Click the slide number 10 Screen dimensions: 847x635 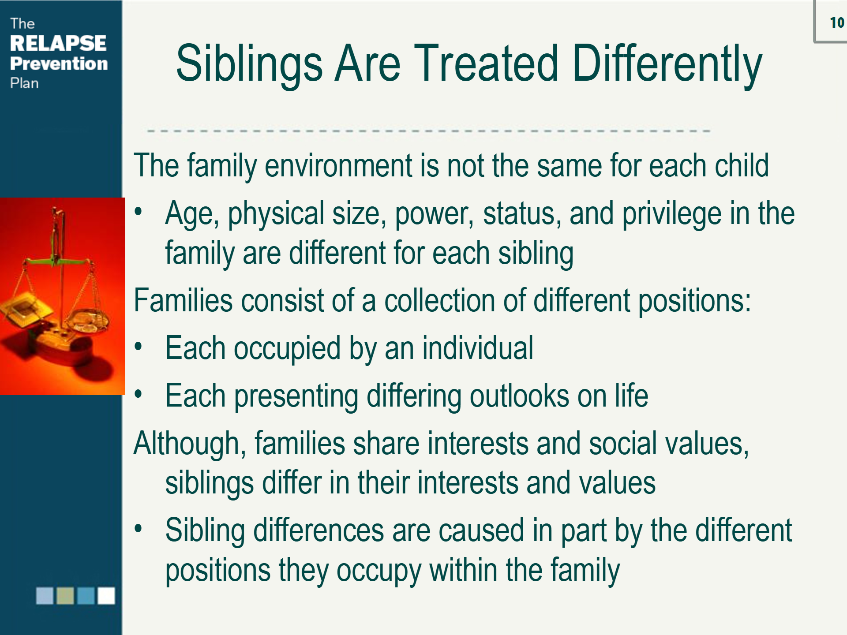(x=837, y=22)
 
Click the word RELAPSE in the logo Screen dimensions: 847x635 (x=58, y=43)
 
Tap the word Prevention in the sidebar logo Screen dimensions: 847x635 (x=59, y=63)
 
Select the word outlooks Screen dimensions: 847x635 (x=519, y=396)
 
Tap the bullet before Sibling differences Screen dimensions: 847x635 (x=139, y=528)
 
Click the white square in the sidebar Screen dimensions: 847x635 (x=106, y=596)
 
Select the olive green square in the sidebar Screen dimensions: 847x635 (x=65, y=596)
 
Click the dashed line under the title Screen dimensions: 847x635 (x=428, y=131)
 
